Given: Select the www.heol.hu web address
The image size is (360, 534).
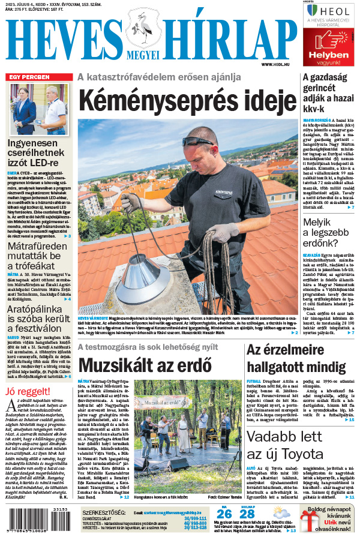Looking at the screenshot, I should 275,64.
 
